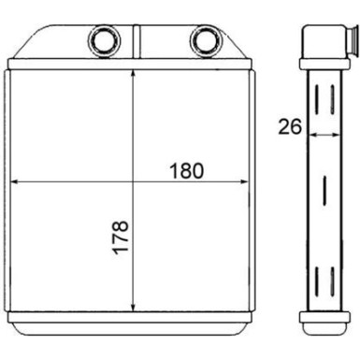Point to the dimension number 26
(x=289, y=125)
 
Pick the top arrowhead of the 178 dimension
(x=137, y=76)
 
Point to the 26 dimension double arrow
(x=322, y=136)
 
